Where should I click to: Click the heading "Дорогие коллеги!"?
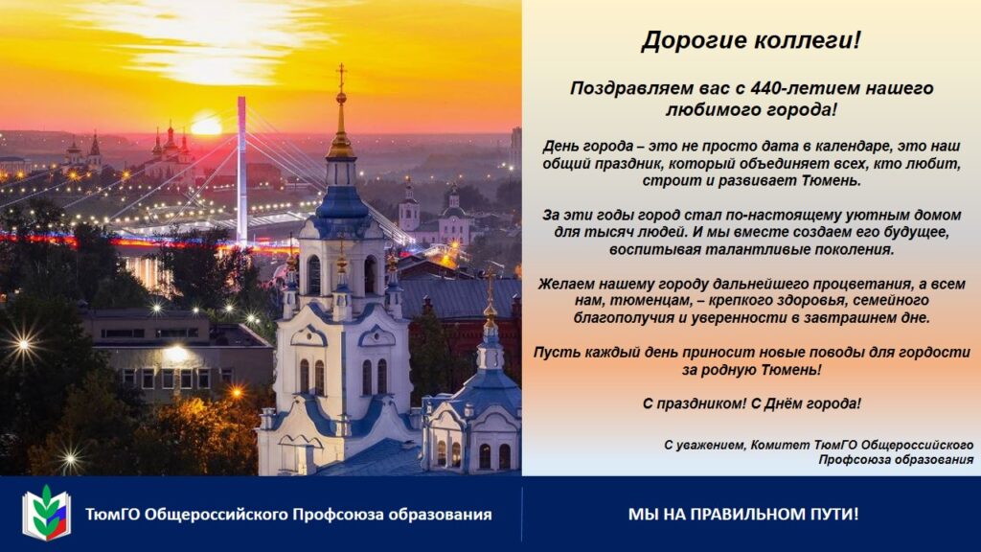pos(751,40)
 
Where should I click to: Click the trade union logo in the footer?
pos(46,514)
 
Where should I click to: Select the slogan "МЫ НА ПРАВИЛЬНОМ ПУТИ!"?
pos(743,515)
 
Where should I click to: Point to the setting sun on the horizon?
pos(207,126)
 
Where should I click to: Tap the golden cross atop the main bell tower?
pos(341,76)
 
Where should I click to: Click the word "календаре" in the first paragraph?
pos(854,147)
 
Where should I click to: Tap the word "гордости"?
pos(934,353)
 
